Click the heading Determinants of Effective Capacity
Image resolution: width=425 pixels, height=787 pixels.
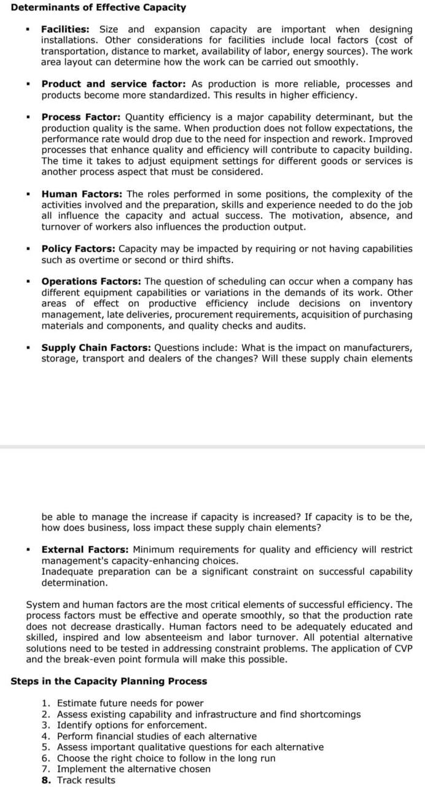[98, 7]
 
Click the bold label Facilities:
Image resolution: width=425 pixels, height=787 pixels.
[65, 30]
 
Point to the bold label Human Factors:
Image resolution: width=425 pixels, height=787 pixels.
[82, 194]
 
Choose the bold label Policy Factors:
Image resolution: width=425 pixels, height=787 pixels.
[79, 249]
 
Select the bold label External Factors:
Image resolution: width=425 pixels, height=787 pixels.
[85, 550]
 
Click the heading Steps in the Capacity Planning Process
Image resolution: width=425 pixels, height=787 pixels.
[109, 681]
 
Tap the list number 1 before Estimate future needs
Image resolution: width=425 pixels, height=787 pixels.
[45, 703]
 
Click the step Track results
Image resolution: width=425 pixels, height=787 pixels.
[85, 780]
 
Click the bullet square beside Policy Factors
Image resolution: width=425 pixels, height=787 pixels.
[28, 250]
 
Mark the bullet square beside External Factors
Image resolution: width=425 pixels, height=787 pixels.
[28, 550]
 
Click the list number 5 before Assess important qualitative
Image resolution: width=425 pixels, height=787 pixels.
[45, 748]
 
